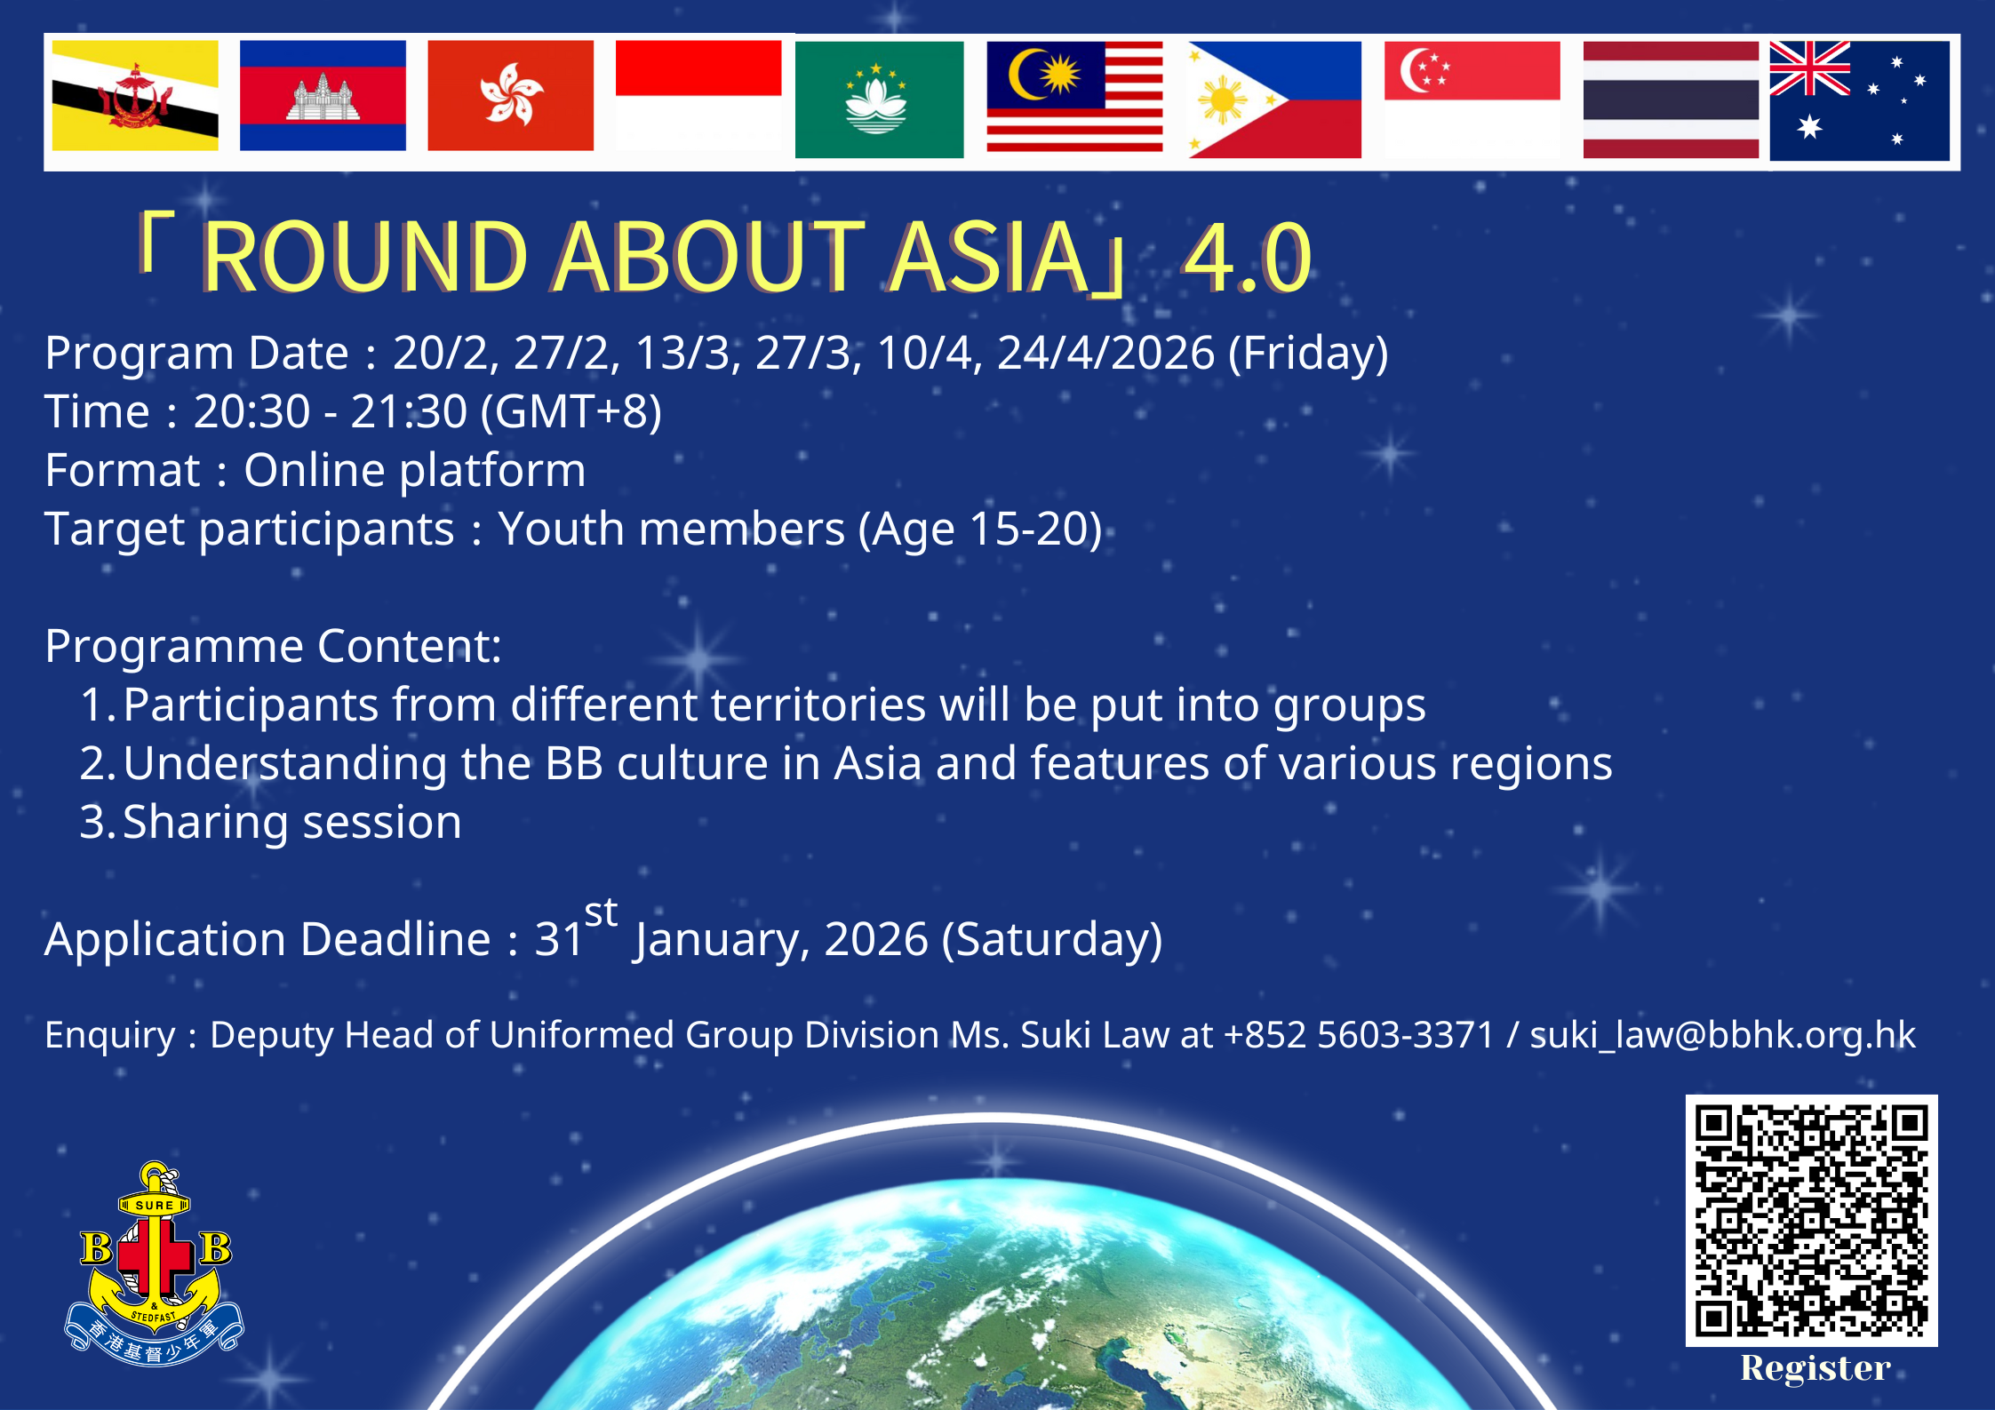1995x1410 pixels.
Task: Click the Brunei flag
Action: (x=135, y=95)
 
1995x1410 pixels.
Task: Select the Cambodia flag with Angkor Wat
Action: (x=323, y=95)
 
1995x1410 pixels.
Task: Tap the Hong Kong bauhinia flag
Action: (x=511, y=95)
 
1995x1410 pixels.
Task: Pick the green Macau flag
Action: (x=879, y=100)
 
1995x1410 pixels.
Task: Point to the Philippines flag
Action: (x=1274, y=100)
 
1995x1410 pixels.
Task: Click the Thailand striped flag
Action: (x=1671, y=100)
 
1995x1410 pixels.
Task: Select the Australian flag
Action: (x=1859, y=100)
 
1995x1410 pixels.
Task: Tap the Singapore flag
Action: (x=1472, y=100)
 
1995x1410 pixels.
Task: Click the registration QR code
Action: (x=1811, y=1220)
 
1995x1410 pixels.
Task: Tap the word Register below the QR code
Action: (x=1815, y=1368)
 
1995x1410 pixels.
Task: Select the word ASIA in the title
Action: (x=989, y=257)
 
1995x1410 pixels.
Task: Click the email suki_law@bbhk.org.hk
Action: (x=1722, y=1035)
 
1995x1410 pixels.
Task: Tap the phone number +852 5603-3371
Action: (x=1359, y=1035)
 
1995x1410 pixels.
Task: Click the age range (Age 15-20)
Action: (x=980, y=530)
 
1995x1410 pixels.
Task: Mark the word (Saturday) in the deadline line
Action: (x=1052, y=940)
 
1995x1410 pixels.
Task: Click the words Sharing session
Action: (x=292, y=823)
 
